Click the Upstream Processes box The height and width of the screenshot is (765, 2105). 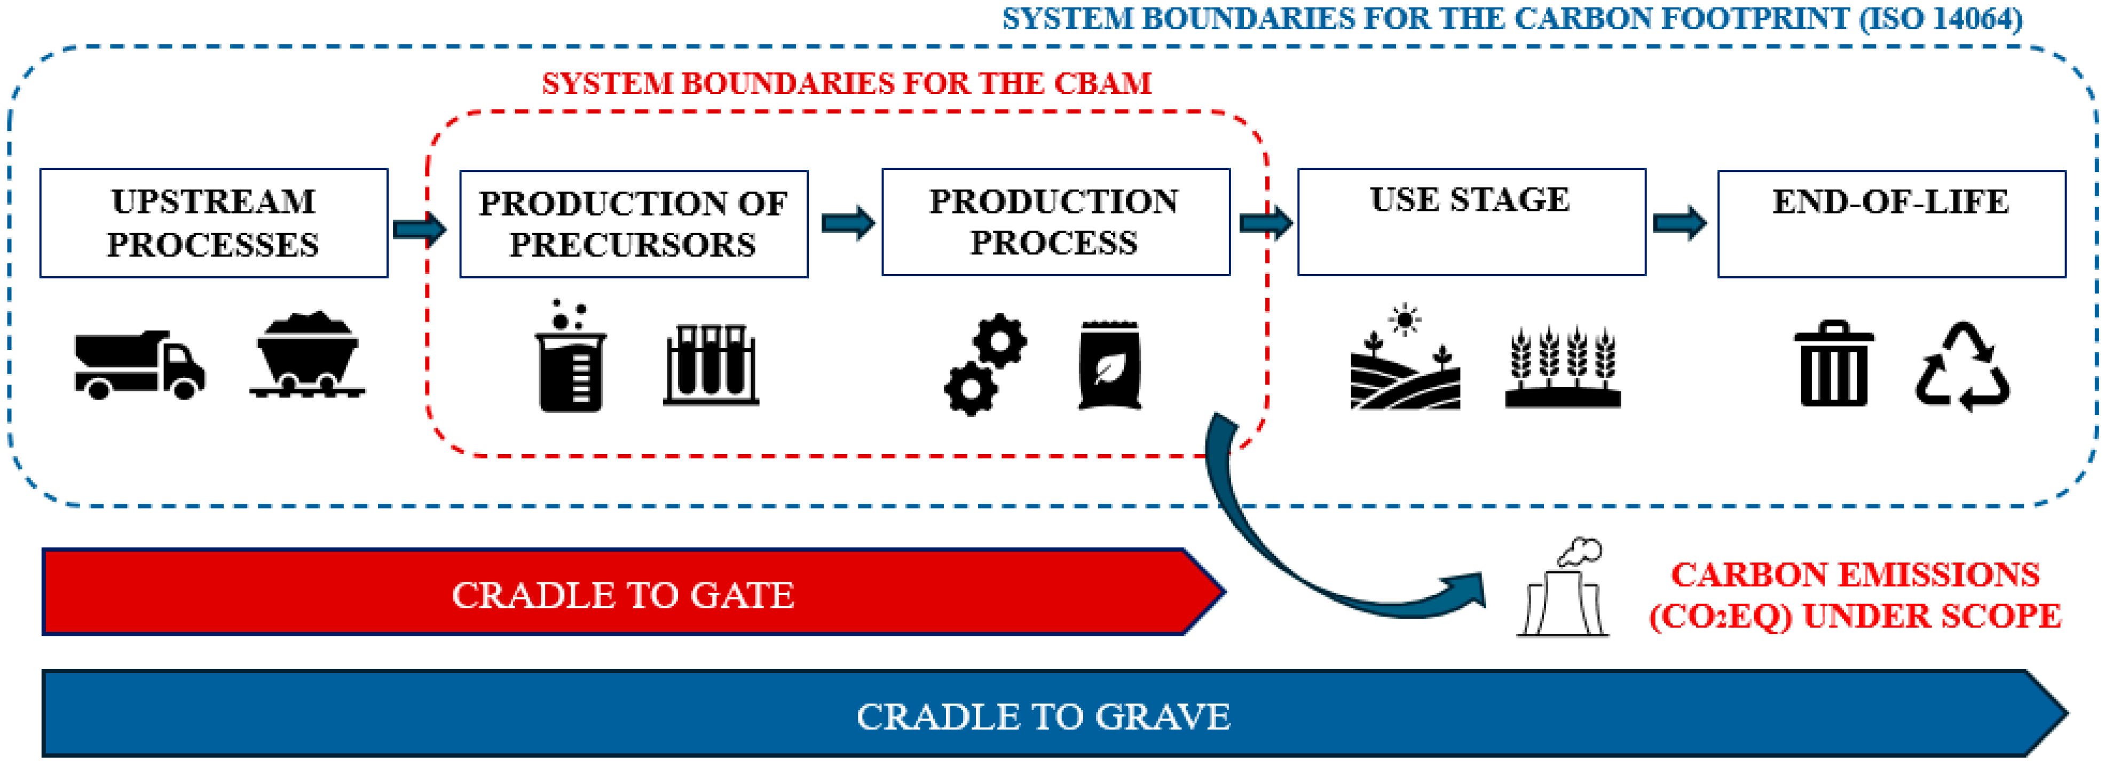[214, 223]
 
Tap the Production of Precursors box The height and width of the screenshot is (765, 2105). [633, 224]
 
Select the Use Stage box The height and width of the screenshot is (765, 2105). [1471, 222]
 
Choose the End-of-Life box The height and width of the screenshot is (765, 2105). [1891, 223]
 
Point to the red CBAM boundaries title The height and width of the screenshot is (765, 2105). [847, 83]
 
